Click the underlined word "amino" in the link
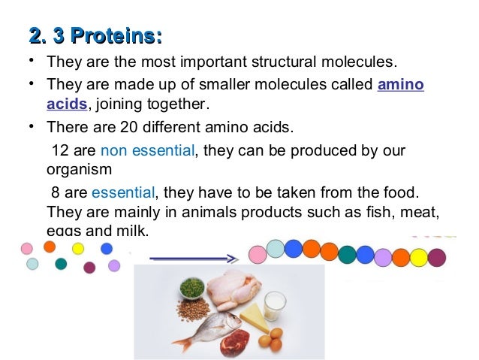point(400,84)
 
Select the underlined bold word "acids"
point(67,103)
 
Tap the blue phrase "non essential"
point(147,150)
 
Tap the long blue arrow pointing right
point(193,258)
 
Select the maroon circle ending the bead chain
point(436,258)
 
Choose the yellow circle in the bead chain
point(418,258)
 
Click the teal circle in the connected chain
point(347,254)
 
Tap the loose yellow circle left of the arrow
point(77,248)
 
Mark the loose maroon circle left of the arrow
point(89,268)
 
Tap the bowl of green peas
point(192,287)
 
